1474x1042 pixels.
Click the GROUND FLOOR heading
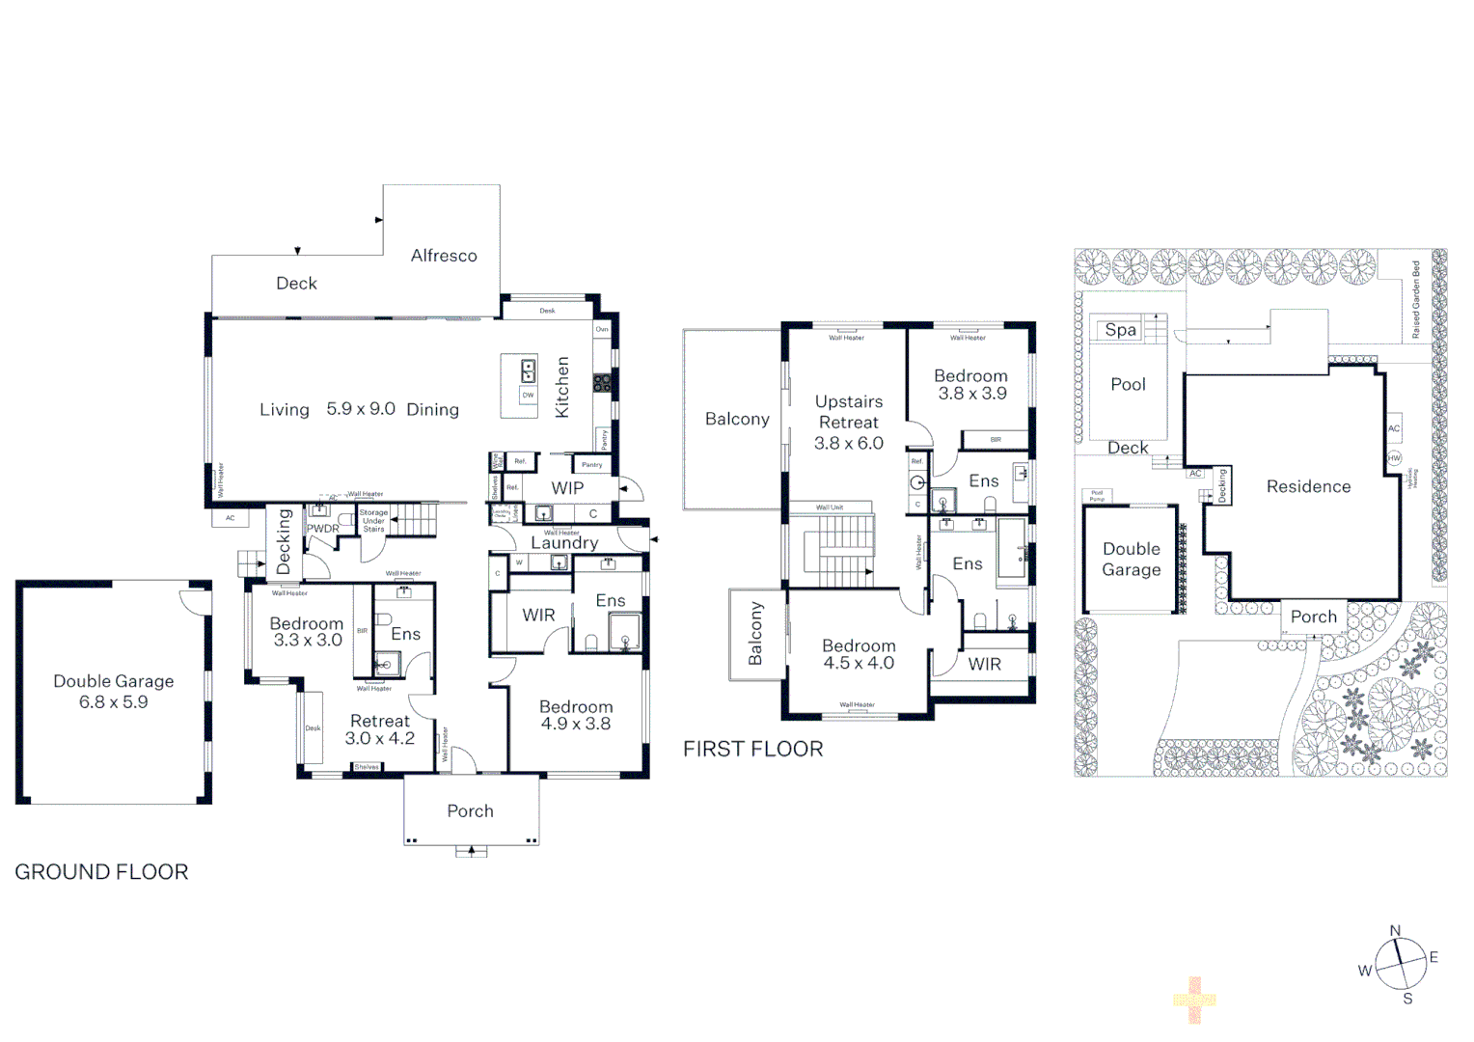click(101, 872)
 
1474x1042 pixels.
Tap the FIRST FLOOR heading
click(752, 750)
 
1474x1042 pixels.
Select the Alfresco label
click(444, 256)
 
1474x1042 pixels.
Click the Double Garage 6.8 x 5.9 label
click(114, 692)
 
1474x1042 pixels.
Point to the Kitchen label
click(562, 387)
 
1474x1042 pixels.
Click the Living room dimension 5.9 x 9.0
click(360, 409)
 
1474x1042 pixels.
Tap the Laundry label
click(564, 543)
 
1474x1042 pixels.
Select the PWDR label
click(323, 529)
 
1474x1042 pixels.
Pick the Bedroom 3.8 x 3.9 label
click(971, 384)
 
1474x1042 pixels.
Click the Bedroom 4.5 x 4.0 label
click(859, 654)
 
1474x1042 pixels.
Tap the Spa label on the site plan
click(1120, 330)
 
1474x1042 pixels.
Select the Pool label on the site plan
click(1128, 384)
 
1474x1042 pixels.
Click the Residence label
click(1308, 487)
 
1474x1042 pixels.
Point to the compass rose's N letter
click(1395, 931)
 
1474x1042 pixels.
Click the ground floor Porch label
click(470, 811)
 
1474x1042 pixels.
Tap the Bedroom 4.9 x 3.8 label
click(576, 715)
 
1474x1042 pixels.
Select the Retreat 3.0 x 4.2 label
click(380, 729)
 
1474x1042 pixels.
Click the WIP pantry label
click(567, 488)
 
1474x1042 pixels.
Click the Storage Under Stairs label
click(373, 521)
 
